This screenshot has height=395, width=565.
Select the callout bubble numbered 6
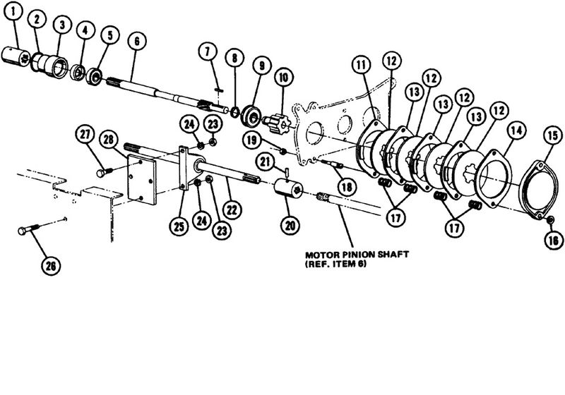(x=136, y=41)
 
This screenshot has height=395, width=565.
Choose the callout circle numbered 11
(x=361, y=67)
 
